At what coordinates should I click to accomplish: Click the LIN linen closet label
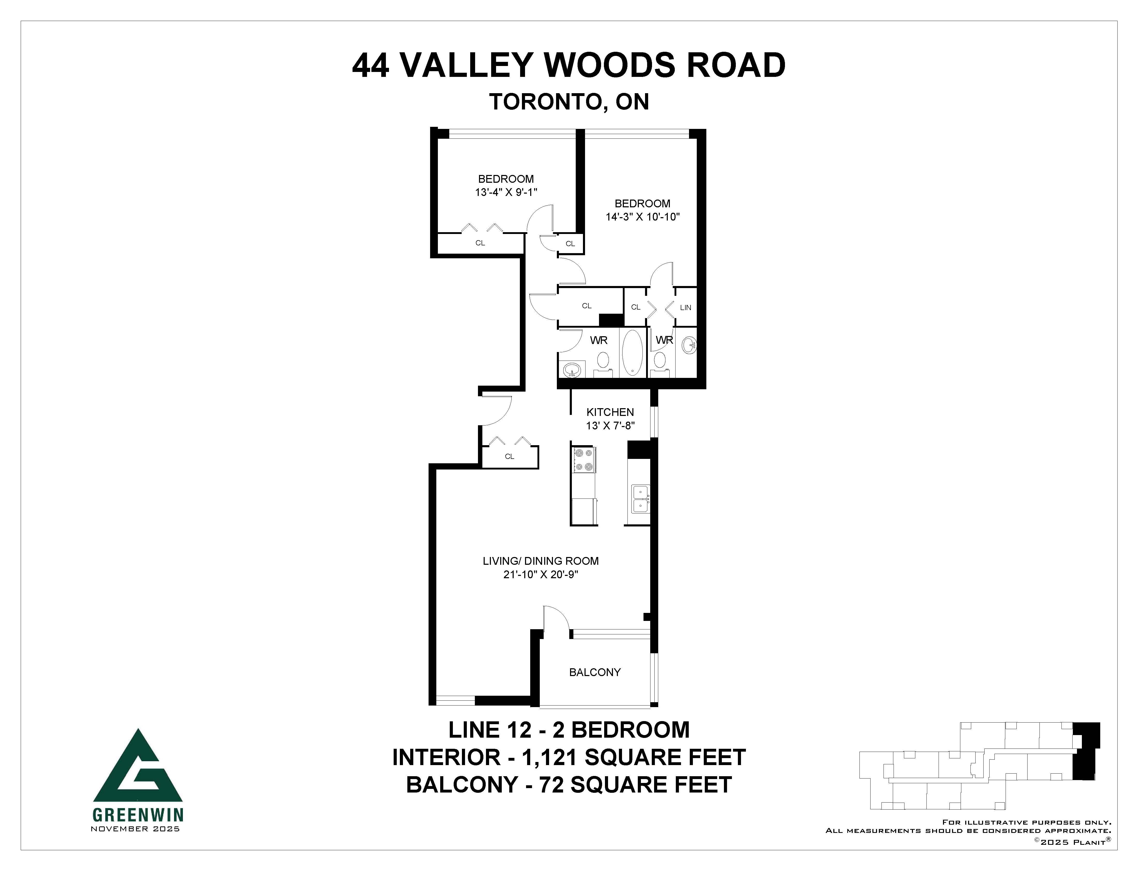click(x=685, y=307)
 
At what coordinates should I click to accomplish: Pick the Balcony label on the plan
click(x=595, y=672)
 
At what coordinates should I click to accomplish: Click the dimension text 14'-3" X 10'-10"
click(x=642, y=217)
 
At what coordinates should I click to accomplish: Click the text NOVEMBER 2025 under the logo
click(x=136, y=829)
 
